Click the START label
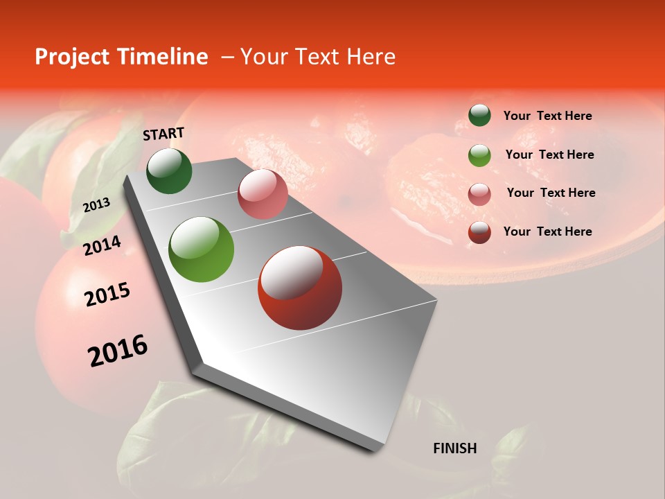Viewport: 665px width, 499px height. tap(163, 134)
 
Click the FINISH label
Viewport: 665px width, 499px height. tap(454, 448)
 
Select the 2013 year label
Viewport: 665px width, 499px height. tap(96, 205)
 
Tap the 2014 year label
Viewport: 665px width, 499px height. tap(102, 245)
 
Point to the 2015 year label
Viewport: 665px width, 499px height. tap(107, 295)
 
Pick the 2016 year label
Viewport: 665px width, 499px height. tap(118, 351)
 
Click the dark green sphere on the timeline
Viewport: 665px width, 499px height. tap(169, 170)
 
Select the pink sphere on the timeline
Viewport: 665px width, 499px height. tap(263, 194)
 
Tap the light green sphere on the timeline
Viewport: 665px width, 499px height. tap(202, 249)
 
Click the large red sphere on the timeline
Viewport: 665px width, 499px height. tap(300, 288)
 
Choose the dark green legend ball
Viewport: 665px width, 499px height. tap(479, 115)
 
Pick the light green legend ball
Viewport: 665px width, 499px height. tap(479, 155)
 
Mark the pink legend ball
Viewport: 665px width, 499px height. tap(479, 193)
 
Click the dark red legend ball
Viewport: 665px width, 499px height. tap(479, 231)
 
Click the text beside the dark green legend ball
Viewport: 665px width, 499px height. tap(547, 116)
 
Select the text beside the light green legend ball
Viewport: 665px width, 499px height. tap(549, 155)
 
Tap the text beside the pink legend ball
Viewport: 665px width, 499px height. tap(551, 193)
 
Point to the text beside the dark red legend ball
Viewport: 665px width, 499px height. tap(547, 231)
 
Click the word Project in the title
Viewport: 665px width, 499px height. tap(73, 57)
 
